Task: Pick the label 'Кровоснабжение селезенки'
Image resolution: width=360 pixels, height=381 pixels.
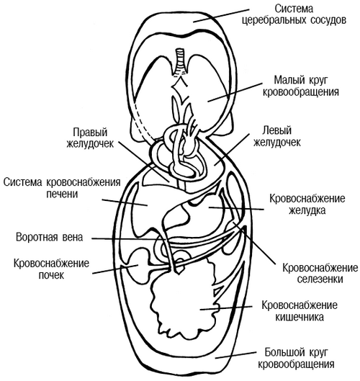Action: pos(310,273)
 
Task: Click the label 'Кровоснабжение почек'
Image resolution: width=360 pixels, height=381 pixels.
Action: pos(50,269)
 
